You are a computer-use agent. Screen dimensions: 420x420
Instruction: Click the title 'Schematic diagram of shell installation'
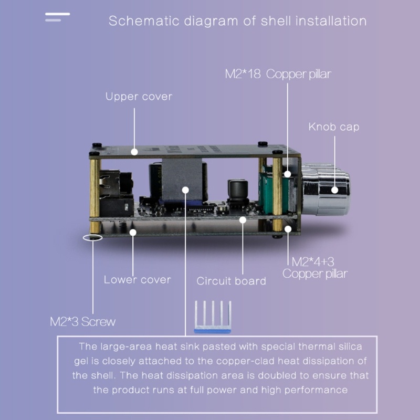click(237, 22)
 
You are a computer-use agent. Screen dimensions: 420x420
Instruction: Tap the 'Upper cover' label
click(139, 97)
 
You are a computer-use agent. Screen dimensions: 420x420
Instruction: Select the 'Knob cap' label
click(334, 127)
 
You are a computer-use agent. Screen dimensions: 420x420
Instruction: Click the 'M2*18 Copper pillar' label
click(278, 74)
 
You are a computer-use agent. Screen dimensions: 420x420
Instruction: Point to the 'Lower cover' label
click(137, 279)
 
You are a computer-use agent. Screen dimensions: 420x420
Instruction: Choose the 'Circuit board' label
click(231, 281)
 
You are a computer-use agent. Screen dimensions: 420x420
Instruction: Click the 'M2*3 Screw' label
click(82, 321)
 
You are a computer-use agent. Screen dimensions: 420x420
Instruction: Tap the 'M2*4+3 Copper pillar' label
click(315, 267)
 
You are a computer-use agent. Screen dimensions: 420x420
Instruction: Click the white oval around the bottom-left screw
click(93, 238)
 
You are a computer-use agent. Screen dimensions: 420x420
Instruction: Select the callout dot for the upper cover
click(135, 152)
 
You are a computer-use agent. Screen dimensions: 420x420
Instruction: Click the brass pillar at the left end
click(95, 194)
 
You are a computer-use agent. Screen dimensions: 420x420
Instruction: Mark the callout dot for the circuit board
click(243, 220)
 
